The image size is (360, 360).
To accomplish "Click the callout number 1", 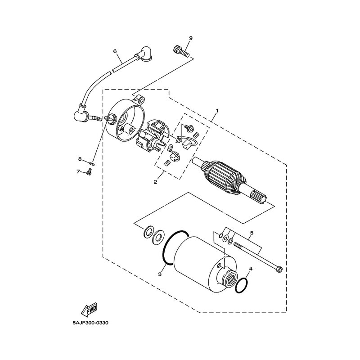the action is pyautogui.click(x=217, y=110).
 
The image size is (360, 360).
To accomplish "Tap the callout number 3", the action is pyautogui.click(x=160, y=274).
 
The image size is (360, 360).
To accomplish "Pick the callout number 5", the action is pyautogui.click(x=252, y=233).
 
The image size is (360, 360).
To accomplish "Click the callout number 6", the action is pyautogui.click(x=115, y=51).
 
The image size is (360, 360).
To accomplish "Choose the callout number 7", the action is pyautogui.click(x=78, y=171).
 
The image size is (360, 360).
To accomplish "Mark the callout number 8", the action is pyautogui.click(x=80, y=159).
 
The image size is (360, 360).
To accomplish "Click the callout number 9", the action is pyautogui.click(x=191, y=38).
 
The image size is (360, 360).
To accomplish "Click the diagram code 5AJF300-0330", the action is pyautogui.click(x=90, y=323).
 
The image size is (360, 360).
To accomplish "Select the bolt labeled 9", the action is pyautogui.click(x=180, y=51).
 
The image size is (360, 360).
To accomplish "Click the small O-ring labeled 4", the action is pyautogui.click(x=242, y=285).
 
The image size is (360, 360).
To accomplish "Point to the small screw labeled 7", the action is pyautogui.click(x=89, y=171).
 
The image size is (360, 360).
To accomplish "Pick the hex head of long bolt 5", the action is pyautogui.click(x=279, y=269).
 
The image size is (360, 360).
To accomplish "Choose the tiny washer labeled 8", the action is pyautogui.click(x=92, y=163).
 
